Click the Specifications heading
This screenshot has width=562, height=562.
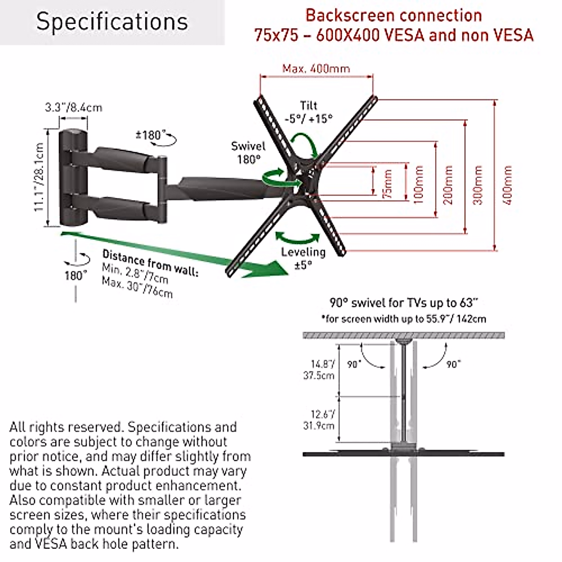tap(112, 22)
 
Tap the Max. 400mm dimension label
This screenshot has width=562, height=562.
tap(316, 68)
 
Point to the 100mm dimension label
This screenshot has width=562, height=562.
tap(418, 184)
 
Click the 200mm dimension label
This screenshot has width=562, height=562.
tap(448, 185)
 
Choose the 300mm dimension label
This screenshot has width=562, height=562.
tap(478, 185)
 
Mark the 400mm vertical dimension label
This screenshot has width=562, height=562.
tap(509, 185)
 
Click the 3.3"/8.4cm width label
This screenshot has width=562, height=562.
tap(74, 107)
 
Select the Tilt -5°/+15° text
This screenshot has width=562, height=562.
tap(309, 112)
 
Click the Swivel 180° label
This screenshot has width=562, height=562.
tap(248, 153)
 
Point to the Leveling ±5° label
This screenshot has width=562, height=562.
tap(303, 258)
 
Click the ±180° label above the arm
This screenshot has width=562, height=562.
tap(151, 135)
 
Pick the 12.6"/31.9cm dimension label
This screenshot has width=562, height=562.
tap(323, 420)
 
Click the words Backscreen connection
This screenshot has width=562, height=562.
tap(393, 15)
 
